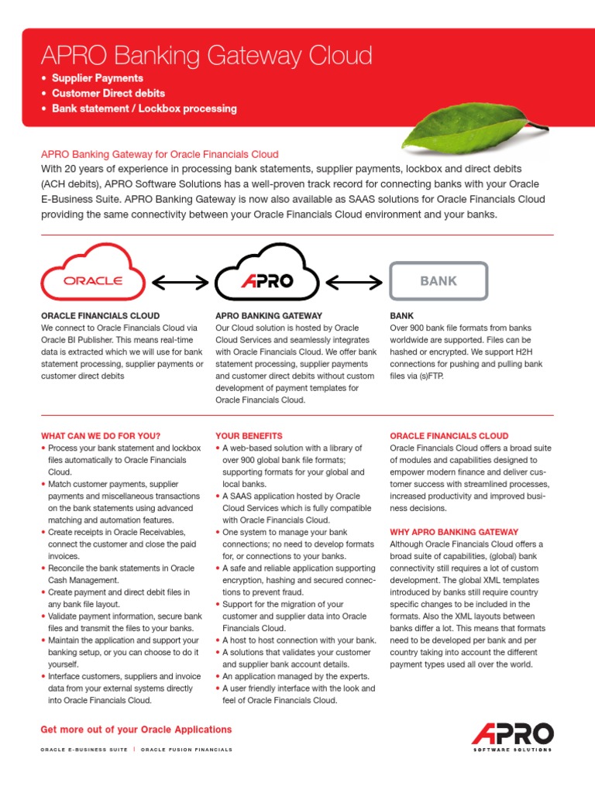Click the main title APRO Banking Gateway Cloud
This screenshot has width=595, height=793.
point(206,56)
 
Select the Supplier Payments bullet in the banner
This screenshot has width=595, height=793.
point(97,78)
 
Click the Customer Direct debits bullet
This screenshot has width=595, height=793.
point(108,93)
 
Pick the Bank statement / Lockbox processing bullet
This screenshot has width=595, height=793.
point(144,108)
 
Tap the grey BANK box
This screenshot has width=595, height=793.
point(439,281)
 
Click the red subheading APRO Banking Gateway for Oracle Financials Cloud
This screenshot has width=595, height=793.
point(160,154)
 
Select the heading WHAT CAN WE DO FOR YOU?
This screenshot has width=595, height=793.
point(101,436)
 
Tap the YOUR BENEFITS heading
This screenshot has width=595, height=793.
point(249,436)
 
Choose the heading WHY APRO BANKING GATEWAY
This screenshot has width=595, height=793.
point(454,532)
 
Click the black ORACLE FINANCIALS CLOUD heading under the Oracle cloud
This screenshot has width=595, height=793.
point(100,316)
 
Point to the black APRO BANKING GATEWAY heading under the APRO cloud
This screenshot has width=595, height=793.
point(268,316)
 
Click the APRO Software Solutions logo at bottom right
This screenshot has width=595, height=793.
point(512,736)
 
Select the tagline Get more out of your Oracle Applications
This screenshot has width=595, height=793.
point(136,729)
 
